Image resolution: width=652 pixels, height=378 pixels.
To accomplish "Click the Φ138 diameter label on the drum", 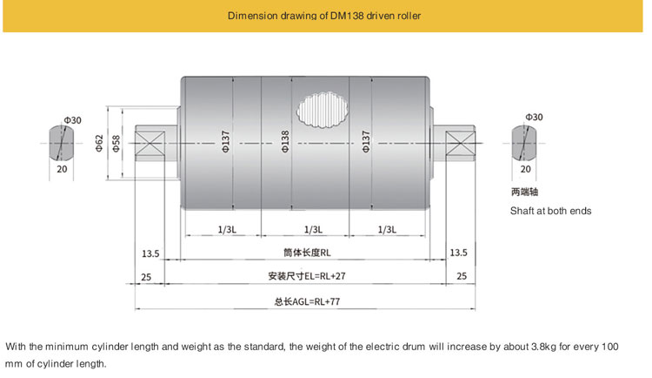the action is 285,142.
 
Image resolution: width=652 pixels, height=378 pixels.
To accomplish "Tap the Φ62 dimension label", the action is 99,143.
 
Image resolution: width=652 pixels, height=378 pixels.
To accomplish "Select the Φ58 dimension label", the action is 116,144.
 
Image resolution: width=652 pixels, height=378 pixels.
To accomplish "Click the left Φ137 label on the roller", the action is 225,142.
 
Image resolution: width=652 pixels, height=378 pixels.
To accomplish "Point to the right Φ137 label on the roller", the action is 365,142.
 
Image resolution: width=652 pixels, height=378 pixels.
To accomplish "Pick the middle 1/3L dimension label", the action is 313,230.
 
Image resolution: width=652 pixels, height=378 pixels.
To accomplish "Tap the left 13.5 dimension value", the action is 150,253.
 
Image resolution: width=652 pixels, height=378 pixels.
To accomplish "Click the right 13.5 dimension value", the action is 459,253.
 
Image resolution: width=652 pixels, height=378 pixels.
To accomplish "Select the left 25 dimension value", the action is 146,277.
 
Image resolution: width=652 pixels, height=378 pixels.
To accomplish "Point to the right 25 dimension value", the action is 462,276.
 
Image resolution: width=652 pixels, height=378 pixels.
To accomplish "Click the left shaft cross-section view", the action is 61,143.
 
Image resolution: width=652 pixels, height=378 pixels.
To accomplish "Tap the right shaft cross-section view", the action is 524,143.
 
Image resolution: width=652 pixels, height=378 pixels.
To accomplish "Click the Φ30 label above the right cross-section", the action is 534,117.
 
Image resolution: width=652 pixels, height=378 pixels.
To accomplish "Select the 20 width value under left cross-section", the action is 62,169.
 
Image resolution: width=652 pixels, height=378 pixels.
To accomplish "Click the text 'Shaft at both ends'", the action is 550,211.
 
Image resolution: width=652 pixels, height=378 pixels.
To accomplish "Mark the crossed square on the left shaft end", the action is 150,144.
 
